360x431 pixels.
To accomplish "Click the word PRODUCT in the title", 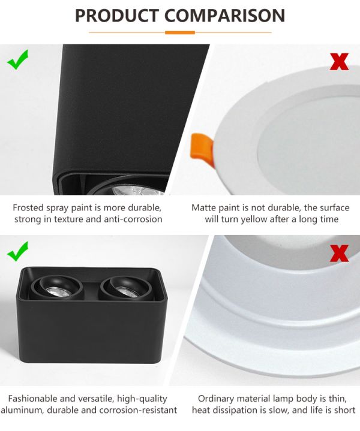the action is point(117,16).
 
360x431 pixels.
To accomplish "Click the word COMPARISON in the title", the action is point(224,16).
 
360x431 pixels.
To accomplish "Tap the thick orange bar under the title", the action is point(180,32).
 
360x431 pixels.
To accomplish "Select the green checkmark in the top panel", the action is point(17,60).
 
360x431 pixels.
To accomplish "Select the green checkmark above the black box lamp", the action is point(17,251).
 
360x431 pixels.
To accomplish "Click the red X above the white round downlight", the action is point(339,62).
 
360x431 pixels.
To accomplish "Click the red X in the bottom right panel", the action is point(339,253).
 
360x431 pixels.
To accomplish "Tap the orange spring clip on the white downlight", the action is point(202,149).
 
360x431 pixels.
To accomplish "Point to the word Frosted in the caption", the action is point(28,207).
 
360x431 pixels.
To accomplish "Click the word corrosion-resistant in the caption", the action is point(138,410).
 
